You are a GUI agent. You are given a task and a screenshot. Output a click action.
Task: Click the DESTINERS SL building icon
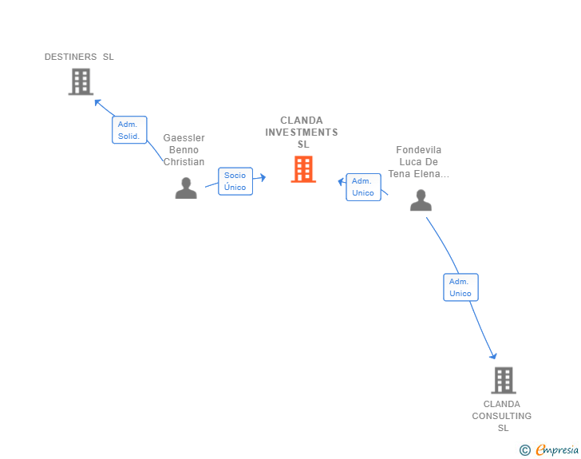[x=81, y=81]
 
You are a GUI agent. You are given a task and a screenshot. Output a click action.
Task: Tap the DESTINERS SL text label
[x=79, y=57]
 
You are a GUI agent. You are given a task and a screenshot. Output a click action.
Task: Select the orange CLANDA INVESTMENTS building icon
[x=303, y=169]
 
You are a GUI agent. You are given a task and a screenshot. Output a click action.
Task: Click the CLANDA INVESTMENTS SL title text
[x=302, y=133]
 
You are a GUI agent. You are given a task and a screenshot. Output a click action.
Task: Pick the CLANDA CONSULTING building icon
[x=503, y=380]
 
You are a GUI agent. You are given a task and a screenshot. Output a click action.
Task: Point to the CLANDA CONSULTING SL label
[x=502, y=416]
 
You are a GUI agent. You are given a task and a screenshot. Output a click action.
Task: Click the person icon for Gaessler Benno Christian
[x=186, y=188]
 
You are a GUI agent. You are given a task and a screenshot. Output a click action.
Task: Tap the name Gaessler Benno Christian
[x=184, y=150]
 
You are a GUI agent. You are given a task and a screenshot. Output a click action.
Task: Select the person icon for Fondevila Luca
[x=421, y=200]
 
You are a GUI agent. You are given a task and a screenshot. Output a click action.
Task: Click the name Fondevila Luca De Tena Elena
[x=419, y=162]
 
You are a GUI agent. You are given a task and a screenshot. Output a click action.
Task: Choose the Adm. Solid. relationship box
[x=128, y=129]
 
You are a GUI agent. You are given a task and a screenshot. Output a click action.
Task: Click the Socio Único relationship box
[x=235, y=181]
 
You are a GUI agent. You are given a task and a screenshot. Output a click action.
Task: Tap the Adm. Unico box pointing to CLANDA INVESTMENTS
[x=363, y=187]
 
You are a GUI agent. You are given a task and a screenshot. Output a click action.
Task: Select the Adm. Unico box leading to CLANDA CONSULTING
[x=460, y=287]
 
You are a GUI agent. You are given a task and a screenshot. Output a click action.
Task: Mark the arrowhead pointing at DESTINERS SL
[x=97, y=101]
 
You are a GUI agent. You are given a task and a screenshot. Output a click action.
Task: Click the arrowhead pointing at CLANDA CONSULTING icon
[x=493, y=356]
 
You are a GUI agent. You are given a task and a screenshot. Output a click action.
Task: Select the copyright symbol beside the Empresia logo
[x=524, y=450]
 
